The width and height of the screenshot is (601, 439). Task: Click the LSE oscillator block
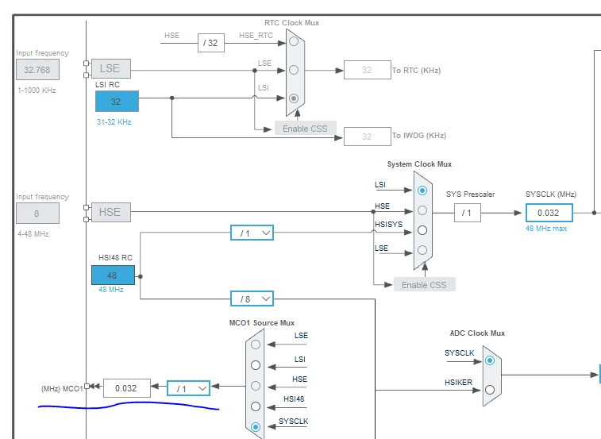pyautogui.click(x=111, y=68)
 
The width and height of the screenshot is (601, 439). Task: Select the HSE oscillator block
pyautogui.click(x=111, y=212)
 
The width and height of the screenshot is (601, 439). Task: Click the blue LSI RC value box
pyautogui.click(x=117, y=102)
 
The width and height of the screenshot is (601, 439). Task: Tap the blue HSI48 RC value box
pyautogui.click(x=113, y=275)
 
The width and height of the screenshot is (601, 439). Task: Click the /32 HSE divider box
pyautogui.click(x=211, y=43)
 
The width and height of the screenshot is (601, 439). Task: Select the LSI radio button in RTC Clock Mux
pyautogui.click(x=294, y=98)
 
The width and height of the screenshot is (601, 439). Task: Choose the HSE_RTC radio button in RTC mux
pyautogui.click(x=294, y=41)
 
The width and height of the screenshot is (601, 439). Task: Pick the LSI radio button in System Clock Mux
pyautogui.click(x=422, y=191)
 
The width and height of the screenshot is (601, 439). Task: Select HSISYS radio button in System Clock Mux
pyautogui.click(x=422, y=230)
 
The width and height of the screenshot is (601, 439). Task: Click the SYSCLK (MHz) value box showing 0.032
pyautogui.click(x=549, y=213)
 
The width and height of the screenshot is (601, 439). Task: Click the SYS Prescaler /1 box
pyautogui.click(x=468, y=213)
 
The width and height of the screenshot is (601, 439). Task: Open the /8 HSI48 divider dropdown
pyautogui.click(x=252, y=298)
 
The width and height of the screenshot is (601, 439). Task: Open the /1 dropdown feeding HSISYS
pyautogui.click(x=252, y=233)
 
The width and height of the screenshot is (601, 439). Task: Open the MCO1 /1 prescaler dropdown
pyautogui.click(x=189, y=388)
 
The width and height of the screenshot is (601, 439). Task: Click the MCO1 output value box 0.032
pyautogui.click(x=127, y=388)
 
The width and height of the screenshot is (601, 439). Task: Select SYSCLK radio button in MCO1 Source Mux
pyautogui.click(x=256, y=427)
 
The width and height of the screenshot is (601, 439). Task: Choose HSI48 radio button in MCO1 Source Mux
pyautogui.click(x=256, y=406)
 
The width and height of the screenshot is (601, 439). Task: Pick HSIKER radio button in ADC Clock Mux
pyautogui.click(x=490, y=390)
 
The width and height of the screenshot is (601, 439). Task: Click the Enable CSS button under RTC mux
pyautogui.click(x=305, y=129)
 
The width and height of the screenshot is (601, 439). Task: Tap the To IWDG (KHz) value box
pyautogui.click(x=368, y=137)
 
